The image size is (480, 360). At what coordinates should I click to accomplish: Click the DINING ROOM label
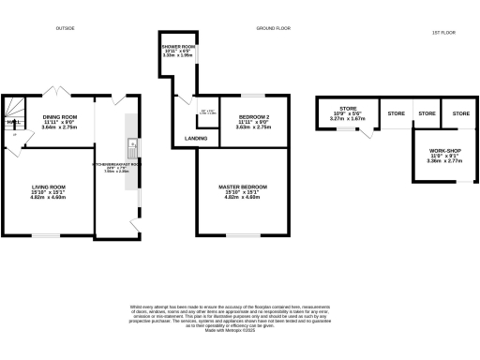tap(59, 117)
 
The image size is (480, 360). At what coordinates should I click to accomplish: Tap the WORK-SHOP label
tap(440, 151)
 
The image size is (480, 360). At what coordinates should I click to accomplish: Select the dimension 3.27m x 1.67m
tap(348, 119)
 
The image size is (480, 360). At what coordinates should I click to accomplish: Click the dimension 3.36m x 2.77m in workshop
tap(440, 161)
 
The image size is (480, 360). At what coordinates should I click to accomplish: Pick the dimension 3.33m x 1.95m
tap(177, 55)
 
